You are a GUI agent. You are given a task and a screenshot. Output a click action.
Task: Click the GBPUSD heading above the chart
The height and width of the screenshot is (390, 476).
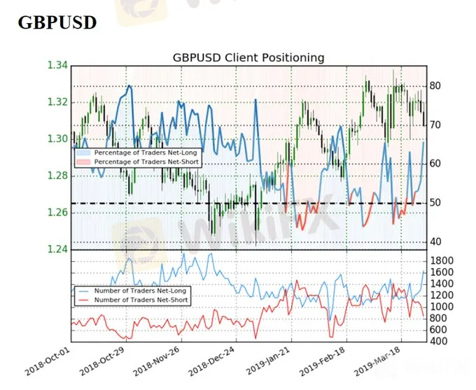pyautogui.click(x=57, y=22)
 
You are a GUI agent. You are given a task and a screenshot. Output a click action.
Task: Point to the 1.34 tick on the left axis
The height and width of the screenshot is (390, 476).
pyautogui.click(x=58, y=66)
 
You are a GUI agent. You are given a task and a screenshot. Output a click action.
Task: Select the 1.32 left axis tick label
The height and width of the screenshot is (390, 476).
pyautogui.click(x=58, y=102)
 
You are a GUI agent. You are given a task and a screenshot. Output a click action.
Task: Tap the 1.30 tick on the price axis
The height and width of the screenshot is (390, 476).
pyautogui.click(x=58, y=139)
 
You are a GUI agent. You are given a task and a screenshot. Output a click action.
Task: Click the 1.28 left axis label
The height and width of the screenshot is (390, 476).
pyautogui.click(x=58, y=176)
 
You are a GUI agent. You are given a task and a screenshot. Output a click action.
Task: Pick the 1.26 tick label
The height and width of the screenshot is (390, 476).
pyautogui.click(x=58, y=212)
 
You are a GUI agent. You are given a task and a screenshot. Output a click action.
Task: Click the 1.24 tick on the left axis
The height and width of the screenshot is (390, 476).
pyautogui.click(x=58, y=249)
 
